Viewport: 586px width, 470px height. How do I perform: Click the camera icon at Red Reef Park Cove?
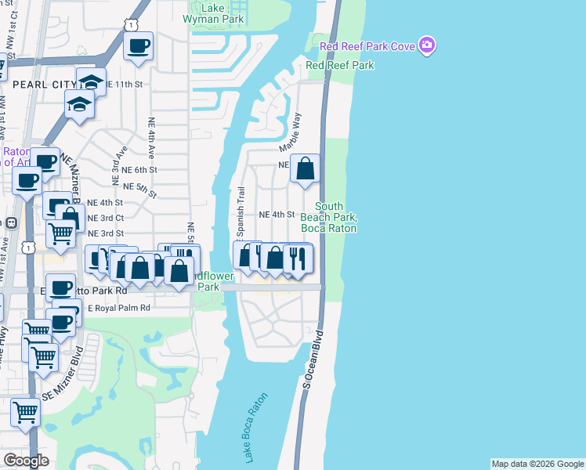426,46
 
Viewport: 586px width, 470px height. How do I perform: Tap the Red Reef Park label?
339,66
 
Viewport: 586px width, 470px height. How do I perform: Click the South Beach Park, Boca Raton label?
329,217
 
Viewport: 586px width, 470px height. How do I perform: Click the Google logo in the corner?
26,461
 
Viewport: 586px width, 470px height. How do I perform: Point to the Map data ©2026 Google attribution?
537,464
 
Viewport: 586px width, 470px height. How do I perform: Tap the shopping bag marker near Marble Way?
306,168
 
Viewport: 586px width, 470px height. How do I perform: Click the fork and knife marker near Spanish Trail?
297,258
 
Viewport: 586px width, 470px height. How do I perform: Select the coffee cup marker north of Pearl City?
139,46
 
